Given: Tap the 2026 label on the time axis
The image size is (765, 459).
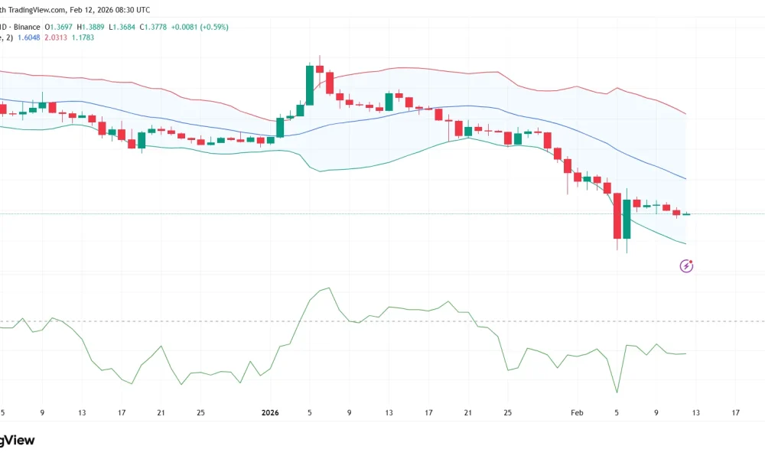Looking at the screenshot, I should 270,412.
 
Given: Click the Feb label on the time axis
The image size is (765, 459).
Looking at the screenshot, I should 578,412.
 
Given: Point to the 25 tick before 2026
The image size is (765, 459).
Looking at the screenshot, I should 200,412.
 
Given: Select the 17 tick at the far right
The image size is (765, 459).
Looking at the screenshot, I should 735,412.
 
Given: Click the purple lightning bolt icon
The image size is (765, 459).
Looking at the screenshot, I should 687,265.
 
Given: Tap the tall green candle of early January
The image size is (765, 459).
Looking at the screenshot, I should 310,86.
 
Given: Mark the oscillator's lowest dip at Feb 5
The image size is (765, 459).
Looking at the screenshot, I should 617,392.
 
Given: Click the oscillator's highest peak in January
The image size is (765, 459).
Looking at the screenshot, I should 328,288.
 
